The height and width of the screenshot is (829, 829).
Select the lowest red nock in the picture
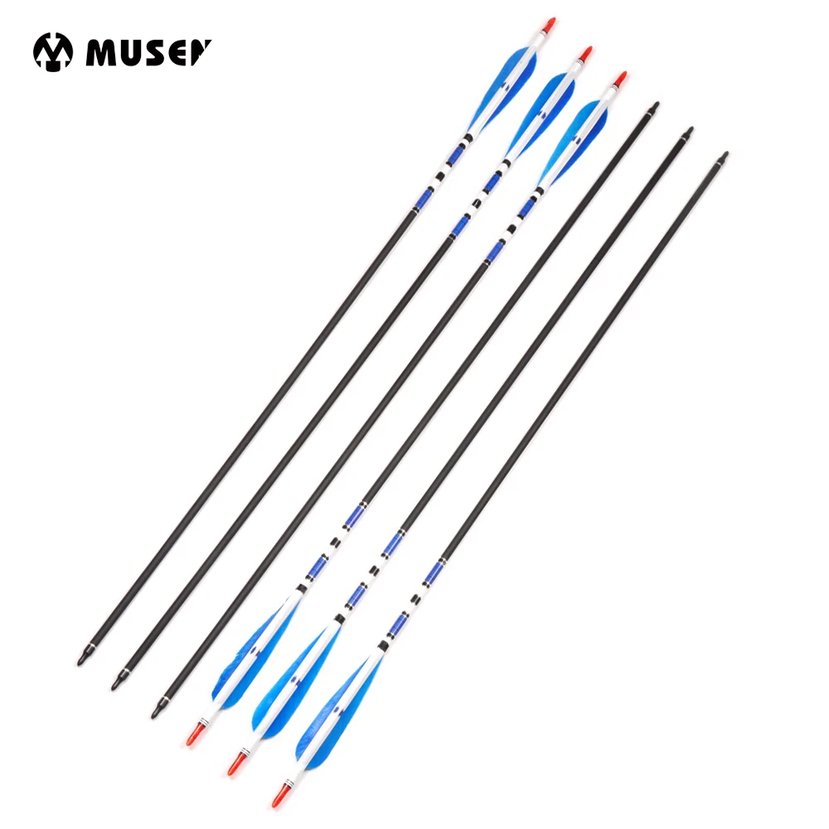click(279, 799)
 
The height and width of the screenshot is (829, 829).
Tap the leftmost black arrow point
click(84, 660)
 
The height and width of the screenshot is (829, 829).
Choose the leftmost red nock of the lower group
click(193, 737)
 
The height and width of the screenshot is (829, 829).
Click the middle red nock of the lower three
click(236, 766)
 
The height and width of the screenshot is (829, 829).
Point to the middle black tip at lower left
click(117, 685)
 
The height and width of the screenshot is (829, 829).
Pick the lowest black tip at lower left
click(157, 711)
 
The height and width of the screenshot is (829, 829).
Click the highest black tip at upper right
click(656, 105)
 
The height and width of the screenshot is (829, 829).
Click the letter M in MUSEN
click(99, 52)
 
